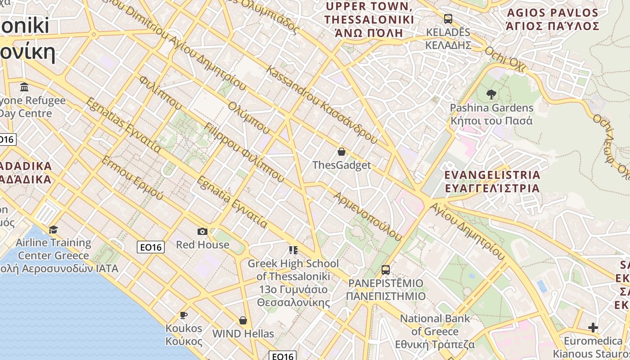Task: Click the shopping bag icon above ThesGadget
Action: pos(342,152)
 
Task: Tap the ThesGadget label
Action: pos(342,165)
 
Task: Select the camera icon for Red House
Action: pos(202,231)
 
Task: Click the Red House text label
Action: pos(202,245)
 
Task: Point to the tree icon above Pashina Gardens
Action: pos(491,94)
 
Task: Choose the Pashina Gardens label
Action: pos(492,114)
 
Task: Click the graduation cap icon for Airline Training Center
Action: pos(54,230)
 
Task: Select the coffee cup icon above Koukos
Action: pos(183,315)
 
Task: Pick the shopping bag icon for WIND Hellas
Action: pos(243,320)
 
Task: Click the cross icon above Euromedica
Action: pos(593,328)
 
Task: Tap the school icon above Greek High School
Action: pos(293,250)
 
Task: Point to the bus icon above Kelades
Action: pos(448,19)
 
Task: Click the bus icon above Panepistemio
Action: pos(386,270)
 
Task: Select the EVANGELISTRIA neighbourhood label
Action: pos(492,181)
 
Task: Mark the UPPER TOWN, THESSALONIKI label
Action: pos(369,20)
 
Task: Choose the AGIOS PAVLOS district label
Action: pos(552,19)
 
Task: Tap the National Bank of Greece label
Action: pos(435,331)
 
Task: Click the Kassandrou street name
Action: pos(322,105)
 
